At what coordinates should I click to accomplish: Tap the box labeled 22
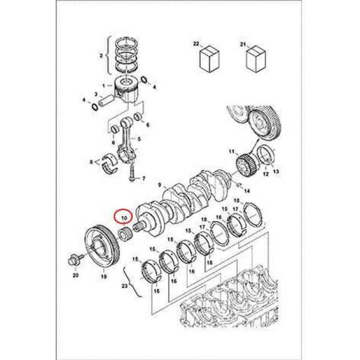210,59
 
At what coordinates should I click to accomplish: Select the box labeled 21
256,59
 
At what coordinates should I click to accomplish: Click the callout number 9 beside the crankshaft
160,185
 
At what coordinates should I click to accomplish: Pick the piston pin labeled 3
106,102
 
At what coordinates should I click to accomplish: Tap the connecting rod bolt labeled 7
131,173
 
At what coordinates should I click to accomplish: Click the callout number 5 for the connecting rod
139,139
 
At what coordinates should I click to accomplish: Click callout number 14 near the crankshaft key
247,191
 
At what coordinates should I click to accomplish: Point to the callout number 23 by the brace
125,286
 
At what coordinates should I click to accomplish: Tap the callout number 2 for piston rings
101,55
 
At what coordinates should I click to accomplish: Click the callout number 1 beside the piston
104,86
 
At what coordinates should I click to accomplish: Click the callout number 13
276,171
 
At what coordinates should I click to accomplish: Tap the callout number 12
265,174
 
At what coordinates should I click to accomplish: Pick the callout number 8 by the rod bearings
91,162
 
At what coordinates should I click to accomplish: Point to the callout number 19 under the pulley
104,276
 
